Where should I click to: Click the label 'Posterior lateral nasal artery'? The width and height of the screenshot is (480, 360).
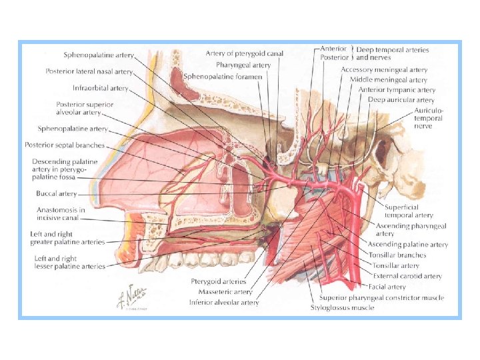point(89,71)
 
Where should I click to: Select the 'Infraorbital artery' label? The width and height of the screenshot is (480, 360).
point(101,87)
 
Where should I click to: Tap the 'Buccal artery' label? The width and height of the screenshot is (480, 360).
point(57,194)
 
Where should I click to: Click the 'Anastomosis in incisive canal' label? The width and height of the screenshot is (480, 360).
point(61,214)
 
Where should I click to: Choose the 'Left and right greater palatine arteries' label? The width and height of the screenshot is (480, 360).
point(67,238)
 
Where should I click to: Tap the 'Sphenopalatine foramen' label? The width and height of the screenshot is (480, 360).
point(223,77)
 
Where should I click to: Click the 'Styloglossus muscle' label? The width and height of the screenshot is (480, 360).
point(342,307)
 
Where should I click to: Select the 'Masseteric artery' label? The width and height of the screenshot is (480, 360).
point(220,292)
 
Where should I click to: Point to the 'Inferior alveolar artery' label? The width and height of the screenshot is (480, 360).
point(224,302)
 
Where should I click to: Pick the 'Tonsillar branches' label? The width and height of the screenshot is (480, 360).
point(397,255)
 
